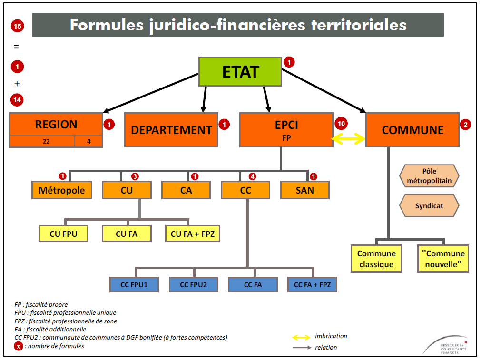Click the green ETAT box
tap(240, 72)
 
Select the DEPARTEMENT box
tap(171, 130)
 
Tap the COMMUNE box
tap(412, 130)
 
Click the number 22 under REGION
tap(42, 141)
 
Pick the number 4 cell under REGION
tap(88, 141)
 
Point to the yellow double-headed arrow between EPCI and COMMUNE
tap(348, 138)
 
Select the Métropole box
tap(62, 190)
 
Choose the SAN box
tap(304, 190)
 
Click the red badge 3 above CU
tap(135, 176)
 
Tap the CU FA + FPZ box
tap(193, 234)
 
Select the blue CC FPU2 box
tap(194, 284)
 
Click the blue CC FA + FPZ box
tap(312, 284)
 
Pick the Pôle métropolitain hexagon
tap(429, 176)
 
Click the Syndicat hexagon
tap(429, 206)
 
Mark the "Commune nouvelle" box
tap(443, 259)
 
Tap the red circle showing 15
tap(17, 26)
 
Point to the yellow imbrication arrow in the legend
tap(301, 337)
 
